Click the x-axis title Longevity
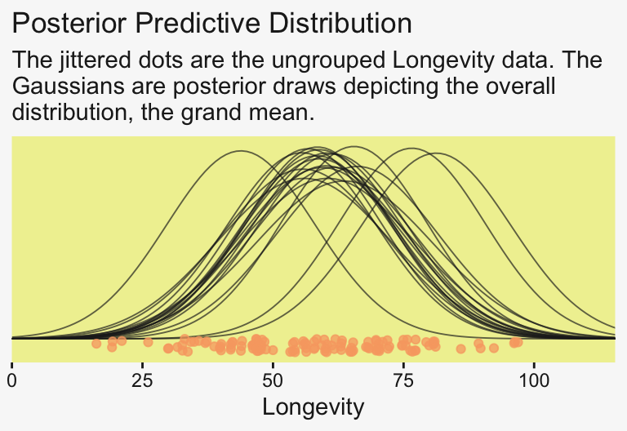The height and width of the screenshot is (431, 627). pyautogui.click(x=313, y=407)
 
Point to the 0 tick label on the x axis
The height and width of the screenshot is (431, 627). pyautogui.click(x=12, y=380)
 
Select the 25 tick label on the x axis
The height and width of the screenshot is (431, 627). pyautogui.click(x=143, y=380)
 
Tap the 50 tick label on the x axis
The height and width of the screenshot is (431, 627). pyautogui.click(x=273, y=380)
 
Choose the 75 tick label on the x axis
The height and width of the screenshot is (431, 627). pyautogui.click(x=403, y=380)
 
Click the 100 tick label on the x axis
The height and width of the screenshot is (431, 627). pyautogui.click(x=534, y=380)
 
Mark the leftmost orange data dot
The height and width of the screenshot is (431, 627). pyautogui.click(x=96, y=344)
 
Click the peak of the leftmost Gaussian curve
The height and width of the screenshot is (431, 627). pyautogui.click(x=241, y=151)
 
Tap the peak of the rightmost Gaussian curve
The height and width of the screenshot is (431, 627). pyautogui.click(x=438, y=153)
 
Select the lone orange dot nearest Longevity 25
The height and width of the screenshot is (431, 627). pyautogui.click(x=148, y=343)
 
